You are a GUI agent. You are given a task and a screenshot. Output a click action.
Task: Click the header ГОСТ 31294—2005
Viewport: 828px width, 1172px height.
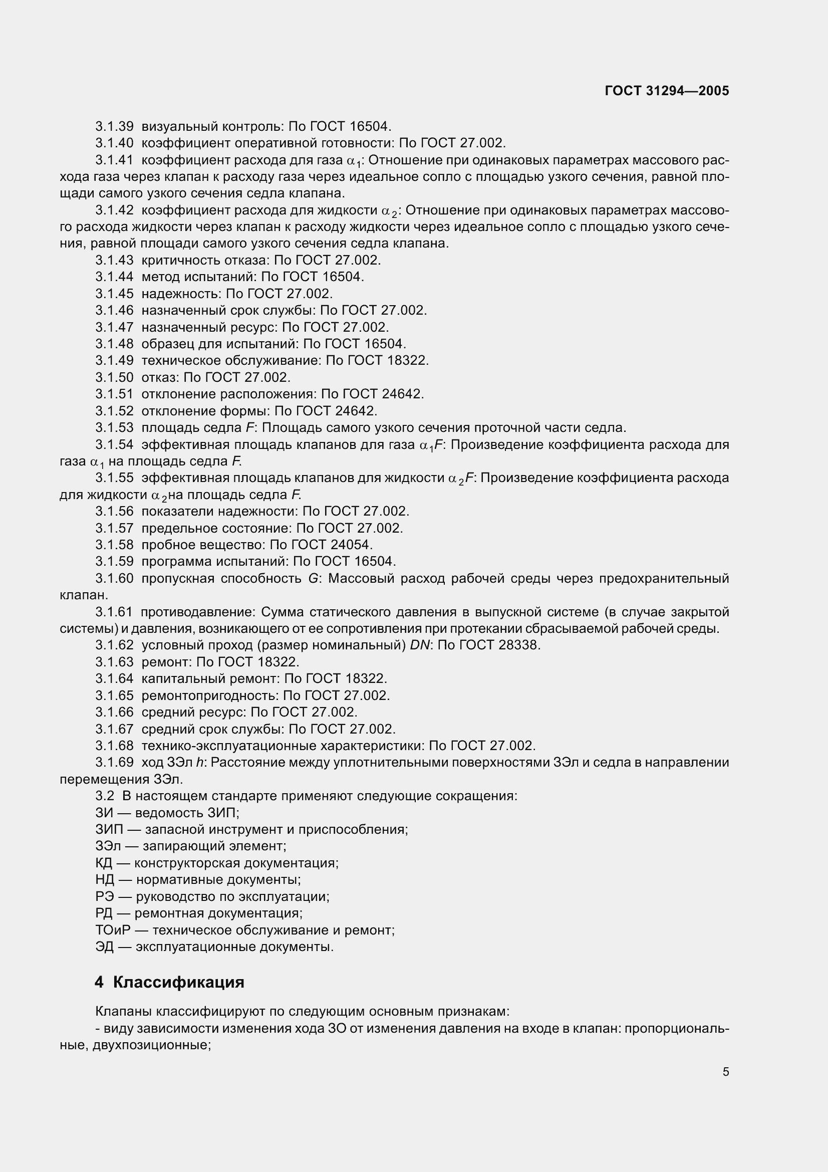coord(666,91)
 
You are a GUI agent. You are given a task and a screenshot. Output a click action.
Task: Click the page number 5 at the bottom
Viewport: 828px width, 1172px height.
coord(725,1072)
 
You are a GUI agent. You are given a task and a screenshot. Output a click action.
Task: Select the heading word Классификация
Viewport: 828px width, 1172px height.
coord(178,982)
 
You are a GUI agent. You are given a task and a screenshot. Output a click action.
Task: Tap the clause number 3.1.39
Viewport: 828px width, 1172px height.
coord(114,126)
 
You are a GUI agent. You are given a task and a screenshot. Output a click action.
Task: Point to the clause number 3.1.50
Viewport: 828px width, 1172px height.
coord(114,377)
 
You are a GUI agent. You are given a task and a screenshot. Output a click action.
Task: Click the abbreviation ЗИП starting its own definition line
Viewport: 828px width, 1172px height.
coord(109,829)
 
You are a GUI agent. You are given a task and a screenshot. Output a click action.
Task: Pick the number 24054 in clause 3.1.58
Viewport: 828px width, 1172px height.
coord(349,545)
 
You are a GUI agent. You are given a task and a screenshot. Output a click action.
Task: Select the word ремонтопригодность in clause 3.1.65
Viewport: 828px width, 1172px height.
coord(209,695)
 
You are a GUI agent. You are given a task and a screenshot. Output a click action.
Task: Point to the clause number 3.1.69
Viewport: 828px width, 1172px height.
coord(114,763)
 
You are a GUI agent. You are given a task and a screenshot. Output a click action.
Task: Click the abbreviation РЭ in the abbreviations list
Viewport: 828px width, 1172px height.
coord(105,896)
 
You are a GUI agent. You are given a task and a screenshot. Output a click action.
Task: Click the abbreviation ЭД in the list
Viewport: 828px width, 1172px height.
coord(105,947)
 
